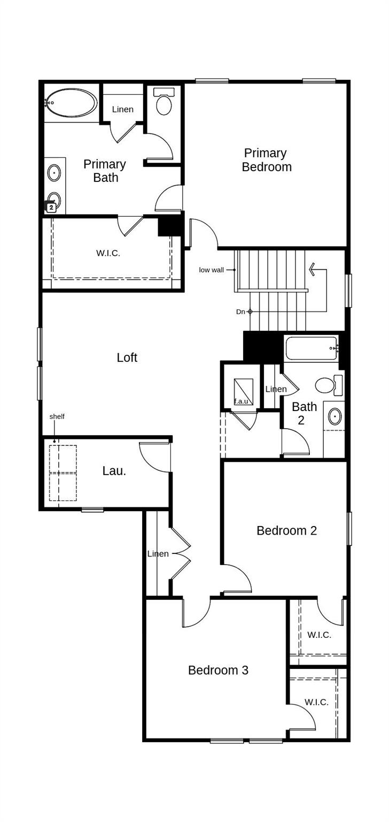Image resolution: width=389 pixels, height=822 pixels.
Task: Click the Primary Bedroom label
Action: click(x=267, y=160)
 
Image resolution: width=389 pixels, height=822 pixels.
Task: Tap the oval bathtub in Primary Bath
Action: click(x=71, y=102)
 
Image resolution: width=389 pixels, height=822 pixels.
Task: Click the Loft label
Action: click(x=127, y=357)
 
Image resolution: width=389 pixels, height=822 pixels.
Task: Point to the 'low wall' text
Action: click(x=212, y=270)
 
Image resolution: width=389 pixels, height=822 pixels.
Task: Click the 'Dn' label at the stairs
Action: click(x=240, y=311)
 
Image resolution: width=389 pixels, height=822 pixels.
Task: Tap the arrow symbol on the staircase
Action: click(x=315, y=269)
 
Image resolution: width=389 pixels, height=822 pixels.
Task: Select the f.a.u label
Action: click(x=241, y=401)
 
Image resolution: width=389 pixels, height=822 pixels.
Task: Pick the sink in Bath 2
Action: click(x=335, y=416)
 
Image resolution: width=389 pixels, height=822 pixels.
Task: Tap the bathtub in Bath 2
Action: click(x=312, y=348)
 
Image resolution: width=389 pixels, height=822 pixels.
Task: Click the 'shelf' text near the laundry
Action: click(x=57, y=416)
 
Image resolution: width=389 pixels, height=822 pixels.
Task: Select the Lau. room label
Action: click(x=114, y=471)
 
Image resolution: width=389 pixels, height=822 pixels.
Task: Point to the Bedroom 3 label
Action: click(x=218, y=670)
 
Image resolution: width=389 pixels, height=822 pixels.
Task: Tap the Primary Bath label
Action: click(x=105, y=171)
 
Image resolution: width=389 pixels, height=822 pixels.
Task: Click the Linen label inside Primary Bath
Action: click(x=123, y=109)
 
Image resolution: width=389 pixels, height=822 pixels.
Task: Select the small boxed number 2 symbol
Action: click(x=51, y=207)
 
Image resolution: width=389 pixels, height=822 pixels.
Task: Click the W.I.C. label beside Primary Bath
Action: click(x=108, y=253)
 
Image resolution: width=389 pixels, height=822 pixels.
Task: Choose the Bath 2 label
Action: click(x=304, y=413)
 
